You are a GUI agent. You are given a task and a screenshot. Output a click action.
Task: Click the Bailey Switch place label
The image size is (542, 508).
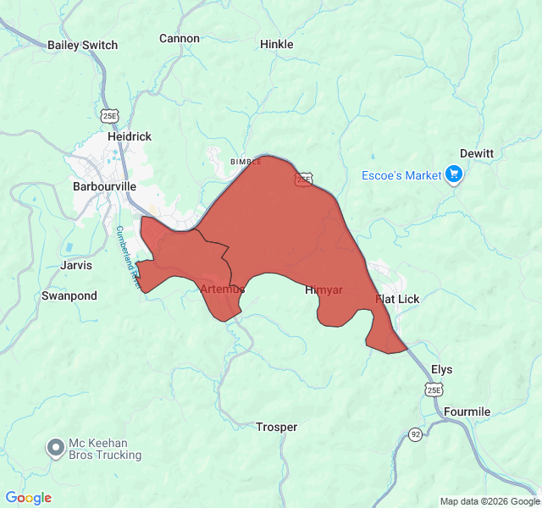pos(82,45)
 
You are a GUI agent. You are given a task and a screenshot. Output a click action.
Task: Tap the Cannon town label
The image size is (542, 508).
pos(180,38)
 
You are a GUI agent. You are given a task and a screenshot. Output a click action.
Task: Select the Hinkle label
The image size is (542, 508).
pos(277,44)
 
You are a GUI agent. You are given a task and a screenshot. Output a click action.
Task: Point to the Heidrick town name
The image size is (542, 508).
pos(130,136)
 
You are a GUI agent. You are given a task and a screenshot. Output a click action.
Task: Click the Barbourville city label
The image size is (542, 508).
pos(105,186)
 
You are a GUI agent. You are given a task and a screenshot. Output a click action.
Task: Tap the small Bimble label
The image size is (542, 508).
pos(246,161)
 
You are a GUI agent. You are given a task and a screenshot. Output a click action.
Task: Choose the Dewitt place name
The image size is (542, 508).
pos(477,153)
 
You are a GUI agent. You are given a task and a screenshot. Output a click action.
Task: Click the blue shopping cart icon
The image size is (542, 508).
pos(455,174)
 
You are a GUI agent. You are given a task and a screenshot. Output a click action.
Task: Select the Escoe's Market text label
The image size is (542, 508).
pos(401,175)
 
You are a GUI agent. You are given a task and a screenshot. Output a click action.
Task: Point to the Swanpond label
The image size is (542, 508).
pos(69,296)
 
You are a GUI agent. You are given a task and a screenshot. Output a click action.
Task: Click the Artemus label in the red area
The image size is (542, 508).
pos(223,290)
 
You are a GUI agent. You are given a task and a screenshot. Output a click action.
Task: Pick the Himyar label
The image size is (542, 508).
pos(324,290)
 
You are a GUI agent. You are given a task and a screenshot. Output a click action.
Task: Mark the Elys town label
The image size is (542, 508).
pos(442,370)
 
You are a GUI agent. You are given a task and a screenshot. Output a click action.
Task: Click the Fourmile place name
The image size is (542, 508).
pos(467,412)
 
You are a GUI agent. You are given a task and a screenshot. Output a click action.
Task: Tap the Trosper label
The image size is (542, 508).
pos(277,428)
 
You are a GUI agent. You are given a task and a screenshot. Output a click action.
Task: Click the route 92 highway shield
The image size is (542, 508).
pos(415,434)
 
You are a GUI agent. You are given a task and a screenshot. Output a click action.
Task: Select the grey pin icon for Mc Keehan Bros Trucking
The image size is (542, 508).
pos(56,447)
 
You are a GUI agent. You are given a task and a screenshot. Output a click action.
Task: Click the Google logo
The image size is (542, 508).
pos(29,498)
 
